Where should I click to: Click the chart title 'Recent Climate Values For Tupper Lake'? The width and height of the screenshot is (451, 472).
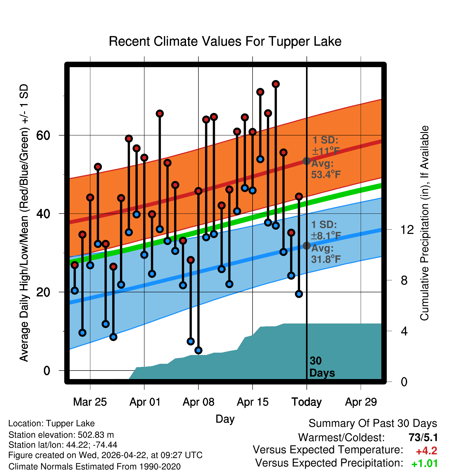coord(225,41)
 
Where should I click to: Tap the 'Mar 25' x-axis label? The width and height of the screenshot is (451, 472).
coord(90,402)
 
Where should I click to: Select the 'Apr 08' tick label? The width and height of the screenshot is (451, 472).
coord(198,402)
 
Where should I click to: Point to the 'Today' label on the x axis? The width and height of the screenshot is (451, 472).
coord(307,402)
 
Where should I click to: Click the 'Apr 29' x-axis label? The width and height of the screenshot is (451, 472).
coord(361,402)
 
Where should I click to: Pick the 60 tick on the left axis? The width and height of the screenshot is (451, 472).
coord(43,135)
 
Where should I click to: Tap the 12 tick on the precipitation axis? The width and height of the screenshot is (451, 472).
coord(407,229)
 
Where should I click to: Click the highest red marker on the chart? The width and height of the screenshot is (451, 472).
coord(276,84)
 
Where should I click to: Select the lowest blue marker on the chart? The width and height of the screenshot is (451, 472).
coord(198,350)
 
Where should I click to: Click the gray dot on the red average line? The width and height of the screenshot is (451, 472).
coord(307,161)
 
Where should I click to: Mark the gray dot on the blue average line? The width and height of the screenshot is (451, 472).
coord(307,246)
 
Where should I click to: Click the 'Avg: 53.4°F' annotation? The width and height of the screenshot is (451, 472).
coord(326,169)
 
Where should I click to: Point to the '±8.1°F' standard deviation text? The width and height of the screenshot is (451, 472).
coord(326,235)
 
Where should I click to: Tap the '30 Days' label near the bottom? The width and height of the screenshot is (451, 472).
coord(322,367)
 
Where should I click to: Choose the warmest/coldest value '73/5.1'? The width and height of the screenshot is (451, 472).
coord(423,437)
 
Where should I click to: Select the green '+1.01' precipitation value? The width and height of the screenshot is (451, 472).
coord(424,463)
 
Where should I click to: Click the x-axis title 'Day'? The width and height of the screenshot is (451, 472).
coord(225,419)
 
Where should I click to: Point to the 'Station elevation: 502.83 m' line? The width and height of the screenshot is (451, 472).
coord(61,435)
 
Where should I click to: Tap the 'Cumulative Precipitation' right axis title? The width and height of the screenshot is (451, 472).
coord(424,223)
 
